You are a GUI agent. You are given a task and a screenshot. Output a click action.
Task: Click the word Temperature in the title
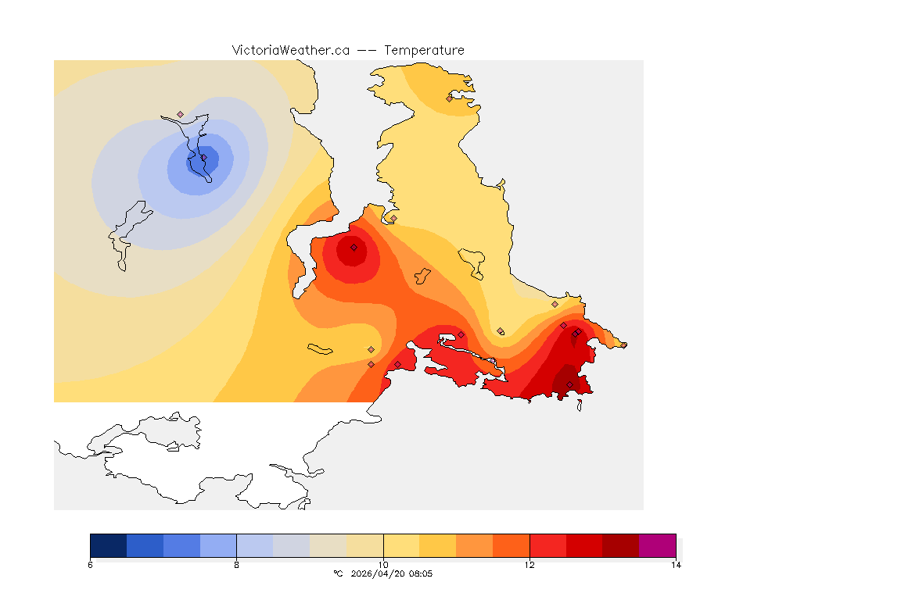tap(425, 50)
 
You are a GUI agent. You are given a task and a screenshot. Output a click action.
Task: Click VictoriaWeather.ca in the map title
tap(290, 50)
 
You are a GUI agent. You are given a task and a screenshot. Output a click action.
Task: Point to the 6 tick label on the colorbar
tap(91, 565)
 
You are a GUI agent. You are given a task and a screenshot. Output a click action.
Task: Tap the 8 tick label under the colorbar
tap(236, 565)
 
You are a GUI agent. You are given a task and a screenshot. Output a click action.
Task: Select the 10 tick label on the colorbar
tap(383, 565)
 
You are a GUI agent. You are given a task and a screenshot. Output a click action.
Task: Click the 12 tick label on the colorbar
tap(529, 565)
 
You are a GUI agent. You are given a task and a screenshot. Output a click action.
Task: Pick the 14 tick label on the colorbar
tap(676, 565)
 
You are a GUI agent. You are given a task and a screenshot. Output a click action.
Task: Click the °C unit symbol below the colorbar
tap(338, 573)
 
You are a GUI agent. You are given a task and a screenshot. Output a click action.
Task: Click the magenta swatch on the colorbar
tap(657, 545)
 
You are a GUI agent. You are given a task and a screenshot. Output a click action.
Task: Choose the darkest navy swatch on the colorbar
tap(109, 545)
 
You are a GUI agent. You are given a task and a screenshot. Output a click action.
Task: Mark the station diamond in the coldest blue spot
tap(203, 158)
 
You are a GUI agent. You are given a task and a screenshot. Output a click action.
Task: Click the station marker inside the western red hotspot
tap(354, 247)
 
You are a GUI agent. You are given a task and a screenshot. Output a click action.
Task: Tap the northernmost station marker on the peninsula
tap(449, 98)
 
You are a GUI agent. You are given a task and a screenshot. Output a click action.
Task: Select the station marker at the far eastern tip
tap(623, 345)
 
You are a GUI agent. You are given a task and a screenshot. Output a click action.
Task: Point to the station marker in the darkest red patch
tap(569, 384)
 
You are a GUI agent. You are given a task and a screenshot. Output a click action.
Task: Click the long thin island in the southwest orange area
tap(321, 348)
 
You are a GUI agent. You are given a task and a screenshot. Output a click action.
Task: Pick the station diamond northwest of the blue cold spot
tap(180, 114)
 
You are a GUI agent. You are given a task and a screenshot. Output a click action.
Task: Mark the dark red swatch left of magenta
tap(620, 545)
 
